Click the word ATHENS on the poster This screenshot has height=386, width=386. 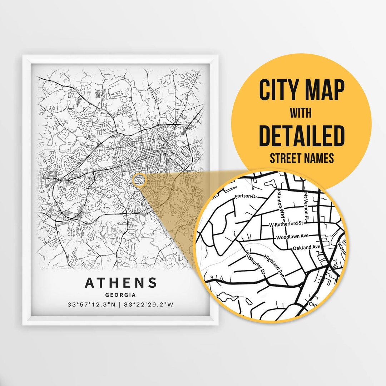tap(120, 283)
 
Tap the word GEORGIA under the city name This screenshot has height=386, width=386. tap(120, 295)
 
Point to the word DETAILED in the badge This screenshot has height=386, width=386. tap(302, 136)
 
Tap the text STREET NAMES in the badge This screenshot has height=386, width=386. tap(302, 158)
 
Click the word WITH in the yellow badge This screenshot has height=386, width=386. tap(301, 114)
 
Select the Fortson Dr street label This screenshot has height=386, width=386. tap(246, 197)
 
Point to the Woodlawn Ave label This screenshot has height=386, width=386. tap(293, 237)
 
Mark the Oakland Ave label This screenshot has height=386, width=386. tap(306, 247)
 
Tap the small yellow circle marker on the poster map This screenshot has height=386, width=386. tap(139, 180)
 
